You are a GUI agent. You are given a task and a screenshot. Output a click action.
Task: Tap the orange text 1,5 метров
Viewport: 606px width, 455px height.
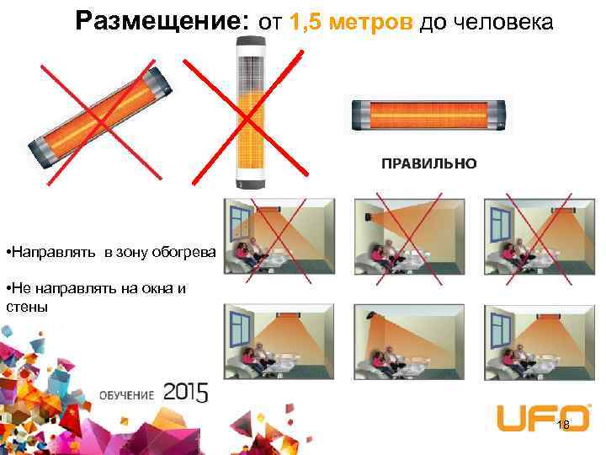[350, 22]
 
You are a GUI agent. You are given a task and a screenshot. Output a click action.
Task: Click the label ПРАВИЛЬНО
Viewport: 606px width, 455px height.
[428, 163]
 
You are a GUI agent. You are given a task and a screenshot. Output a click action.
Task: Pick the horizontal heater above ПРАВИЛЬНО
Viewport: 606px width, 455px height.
[429, 115]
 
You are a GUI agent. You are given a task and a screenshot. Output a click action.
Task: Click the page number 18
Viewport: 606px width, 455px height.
[563, 425]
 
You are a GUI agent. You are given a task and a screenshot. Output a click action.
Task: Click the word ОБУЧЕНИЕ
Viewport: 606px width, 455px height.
[127, 395]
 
